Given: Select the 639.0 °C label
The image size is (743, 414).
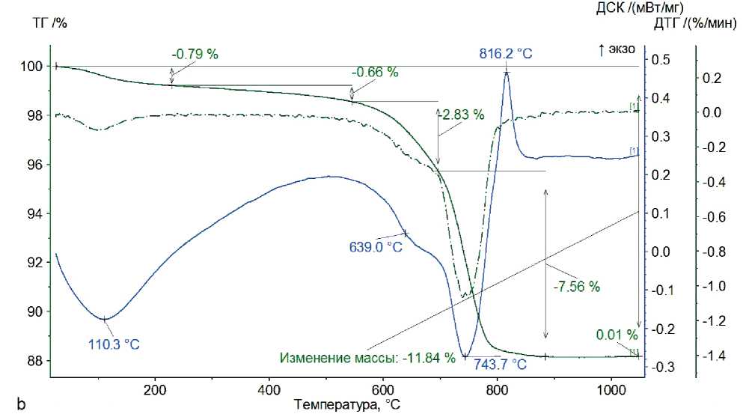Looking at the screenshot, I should [x=376, y=246].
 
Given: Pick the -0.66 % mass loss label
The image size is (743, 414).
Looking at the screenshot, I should [x=375, y=72].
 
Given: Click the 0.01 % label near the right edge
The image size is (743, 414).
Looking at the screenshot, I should [x=617, y=334].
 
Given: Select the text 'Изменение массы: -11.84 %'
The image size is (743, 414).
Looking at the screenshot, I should [x=367, y=358].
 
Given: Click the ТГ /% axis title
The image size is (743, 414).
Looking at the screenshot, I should [x=50, y=22].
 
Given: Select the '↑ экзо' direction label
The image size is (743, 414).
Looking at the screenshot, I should [x=617, y=49].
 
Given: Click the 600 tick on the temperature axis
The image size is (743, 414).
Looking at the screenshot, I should [x=382, y=390].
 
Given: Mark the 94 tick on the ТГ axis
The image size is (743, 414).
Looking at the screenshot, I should [x=35, y=214].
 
